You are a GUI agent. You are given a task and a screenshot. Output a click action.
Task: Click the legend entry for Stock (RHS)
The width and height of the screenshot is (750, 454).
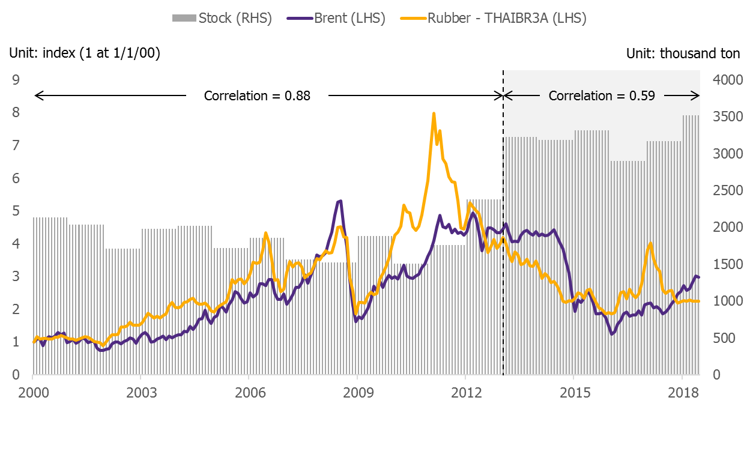point(222,18)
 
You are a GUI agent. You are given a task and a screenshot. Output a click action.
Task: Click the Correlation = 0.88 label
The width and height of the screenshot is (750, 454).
point(257,95)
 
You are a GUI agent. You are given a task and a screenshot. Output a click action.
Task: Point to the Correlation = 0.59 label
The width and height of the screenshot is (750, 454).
point(602,95)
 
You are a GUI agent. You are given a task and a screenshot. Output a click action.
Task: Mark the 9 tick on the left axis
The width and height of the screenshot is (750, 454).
point(16,80)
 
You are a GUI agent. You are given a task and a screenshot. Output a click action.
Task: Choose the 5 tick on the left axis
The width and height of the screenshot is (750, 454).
point(16,211)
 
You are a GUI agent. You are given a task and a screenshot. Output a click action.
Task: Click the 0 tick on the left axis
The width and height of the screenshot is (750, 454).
point(16,375)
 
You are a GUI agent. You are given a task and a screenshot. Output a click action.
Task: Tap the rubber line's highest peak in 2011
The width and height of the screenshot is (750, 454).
point(434,113)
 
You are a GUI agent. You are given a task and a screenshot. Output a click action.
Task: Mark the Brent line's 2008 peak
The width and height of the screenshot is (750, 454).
point(340,201)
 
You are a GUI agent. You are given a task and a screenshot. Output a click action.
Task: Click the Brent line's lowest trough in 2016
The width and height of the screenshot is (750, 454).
point(612,334)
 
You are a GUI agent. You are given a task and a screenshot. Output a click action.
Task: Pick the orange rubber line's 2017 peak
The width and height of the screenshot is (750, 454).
point(650,243)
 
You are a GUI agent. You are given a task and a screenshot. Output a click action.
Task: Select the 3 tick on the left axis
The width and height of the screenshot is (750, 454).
point(16,276)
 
